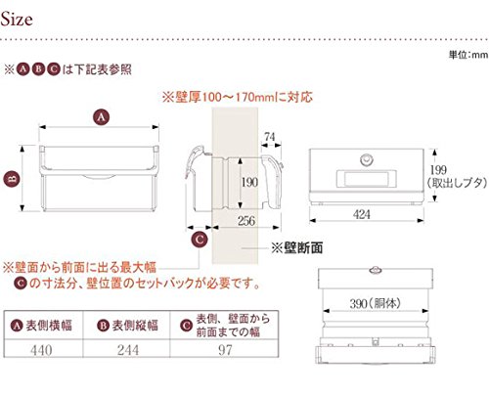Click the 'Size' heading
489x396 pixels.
[17, 20]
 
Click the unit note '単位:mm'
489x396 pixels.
[468, 55]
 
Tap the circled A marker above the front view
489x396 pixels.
[101, 117]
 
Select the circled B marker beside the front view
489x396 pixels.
[12, 179]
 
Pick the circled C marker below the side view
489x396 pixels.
[200, 240]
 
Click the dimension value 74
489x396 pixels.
[270, 137]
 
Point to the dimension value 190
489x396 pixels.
[249, 182]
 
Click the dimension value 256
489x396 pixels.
[246, 221]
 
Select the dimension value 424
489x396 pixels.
[362, 214]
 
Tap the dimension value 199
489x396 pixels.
[438, 170]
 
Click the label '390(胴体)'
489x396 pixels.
[375, 304]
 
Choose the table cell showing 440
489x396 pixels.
[41, 350]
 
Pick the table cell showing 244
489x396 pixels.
[128, 350]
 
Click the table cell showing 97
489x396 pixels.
[225, 350]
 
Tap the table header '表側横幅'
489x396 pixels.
[49, 326]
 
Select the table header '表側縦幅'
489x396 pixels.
[135, 326]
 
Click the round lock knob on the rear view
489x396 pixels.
[367, 159]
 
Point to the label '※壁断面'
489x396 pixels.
[297, 248]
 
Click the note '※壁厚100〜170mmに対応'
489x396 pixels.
[238, 97]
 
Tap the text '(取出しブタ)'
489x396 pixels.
[458, 183]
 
